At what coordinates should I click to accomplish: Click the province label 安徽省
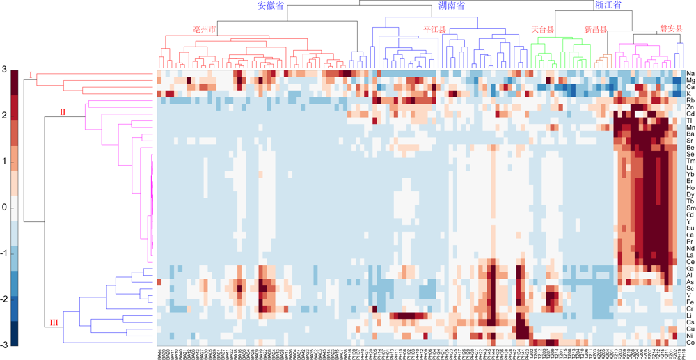click(270, 6)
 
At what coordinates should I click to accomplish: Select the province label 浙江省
click(608, 6)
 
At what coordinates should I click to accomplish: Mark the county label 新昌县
click(595, 30)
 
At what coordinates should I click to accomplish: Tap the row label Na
click(689, 74)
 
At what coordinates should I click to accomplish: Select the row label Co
click(689, 343)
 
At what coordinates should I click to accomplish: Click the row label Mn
click(689, 127)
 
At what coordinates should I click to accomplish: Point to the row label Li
click(688, 315)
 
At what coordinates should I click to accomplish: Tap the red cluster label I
click(30, 74)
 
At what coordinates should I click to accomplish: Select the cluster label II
click(62, 111)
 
